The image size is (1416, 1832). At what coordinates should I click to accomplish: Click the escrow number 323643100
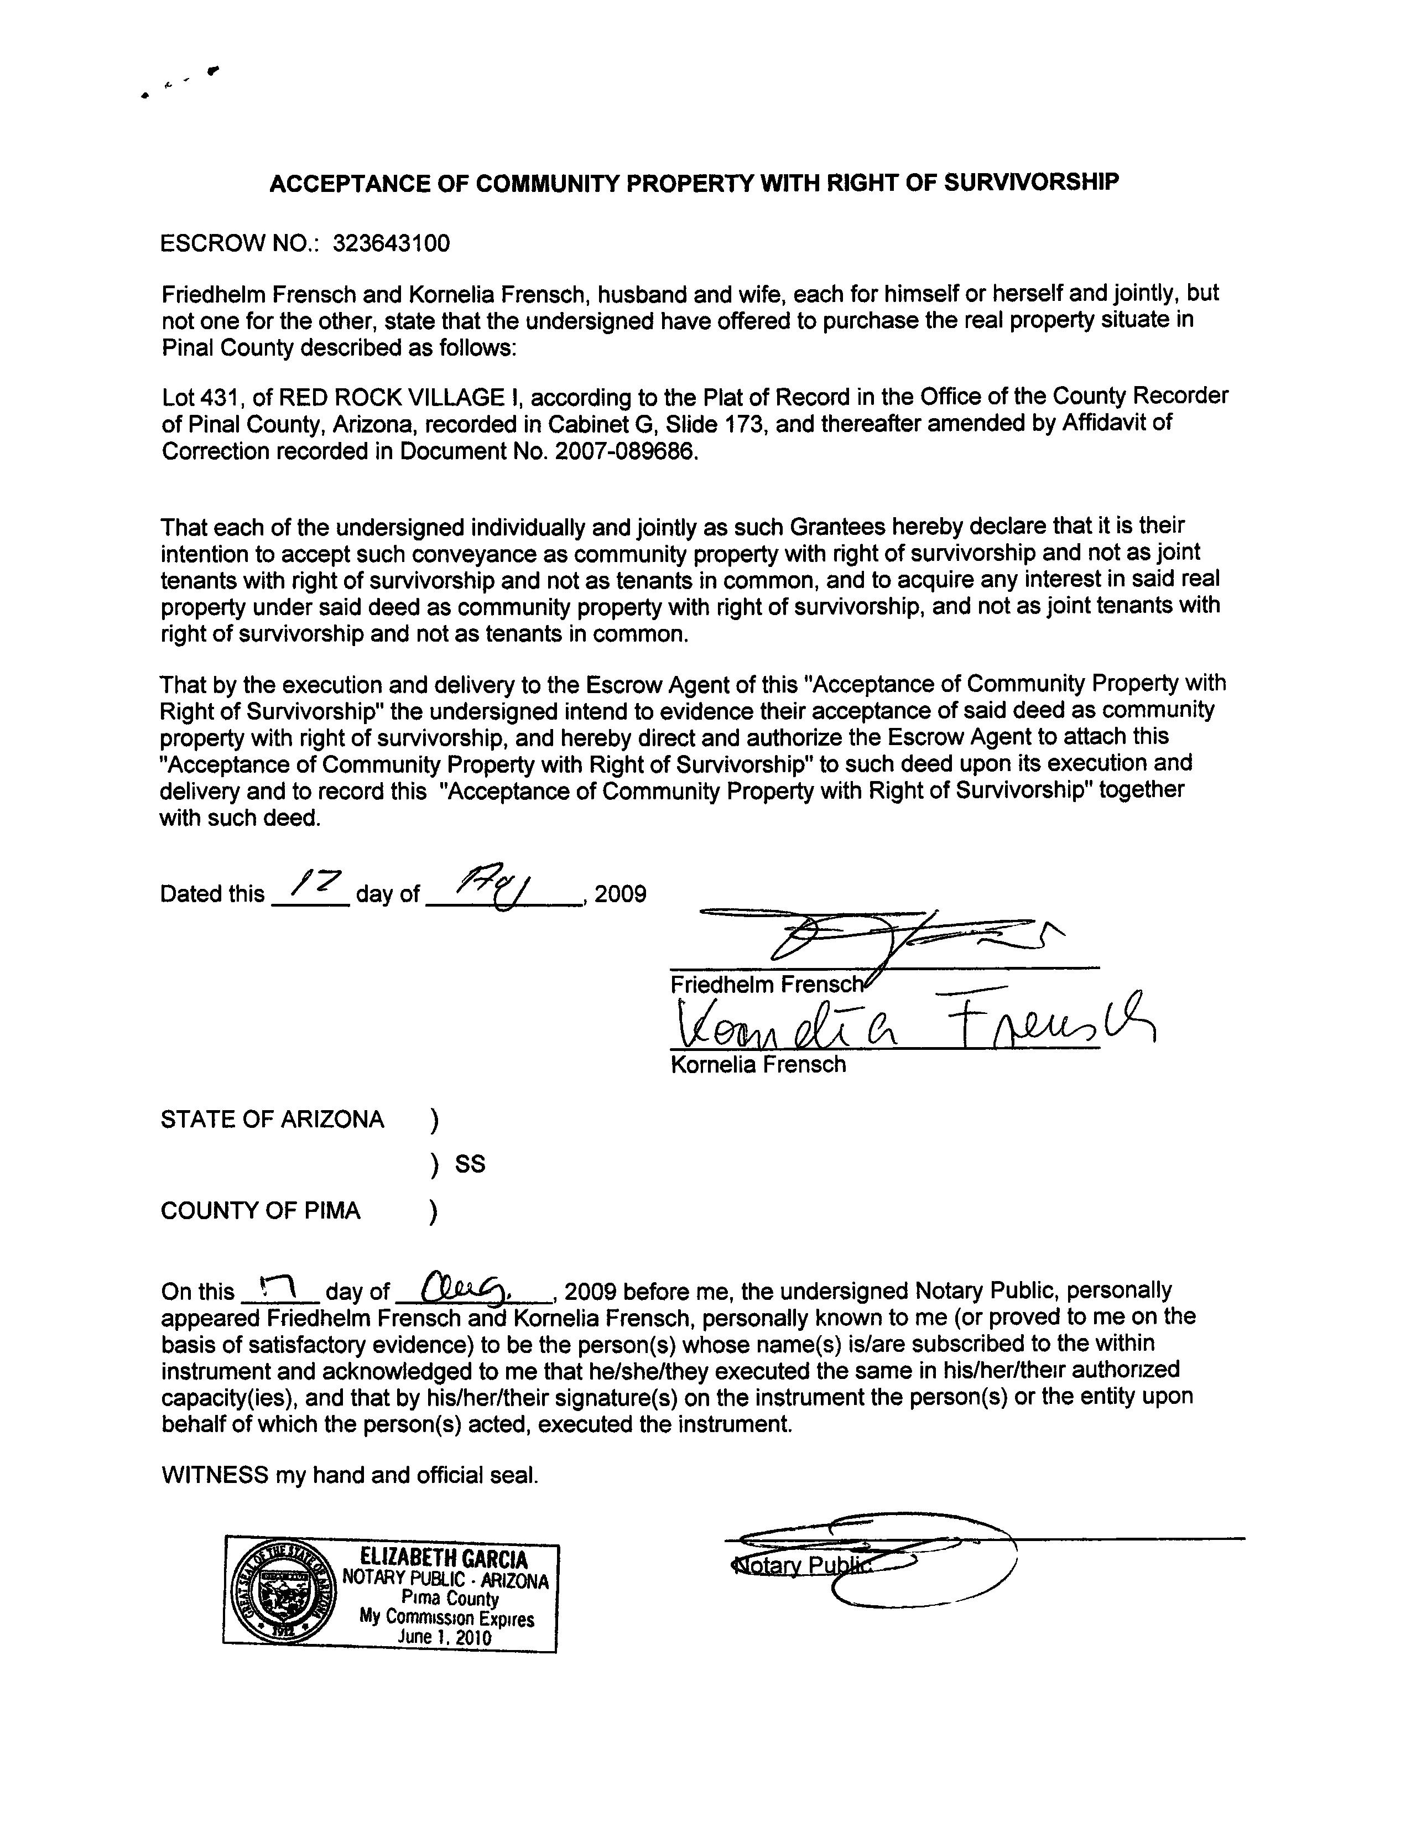point(391,243)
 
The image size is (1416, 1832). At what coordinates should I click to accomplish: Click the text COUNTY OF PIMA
point(260,1210)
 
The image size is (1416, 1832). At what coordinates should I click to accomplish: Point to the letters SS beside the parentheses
point(470,1164)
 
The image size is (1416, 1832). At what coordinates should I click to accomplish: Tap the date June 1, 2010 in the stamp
point(445,1637)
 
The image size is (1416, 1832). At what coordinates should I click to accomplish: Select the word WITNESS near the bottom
point(215,1475)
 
